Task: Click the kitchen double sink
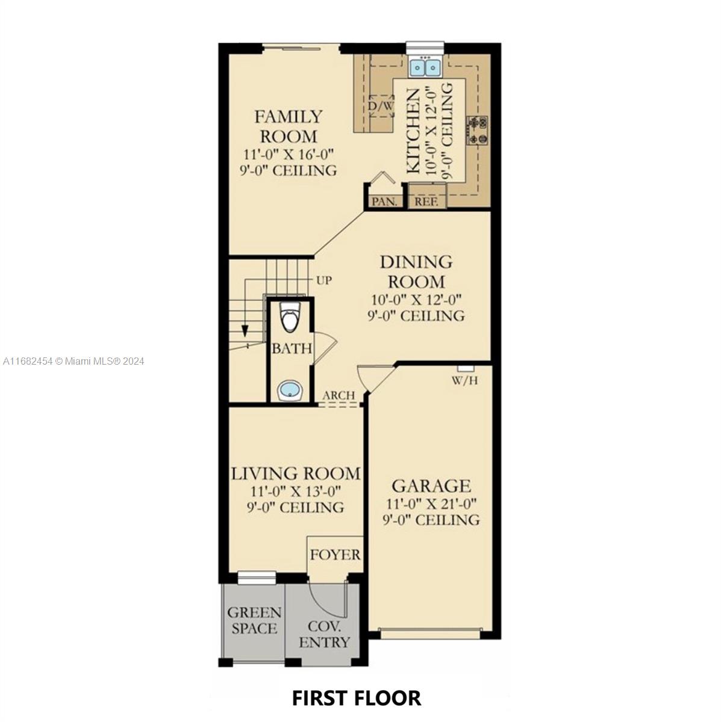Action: pos(425,67)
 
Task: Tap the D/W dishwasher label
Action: pos(381,106)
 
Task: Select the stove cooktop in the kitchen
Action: pos(478,131)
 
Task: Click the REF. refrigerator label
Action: pos(426,202)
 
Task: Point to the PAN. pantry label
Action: pos(384,202)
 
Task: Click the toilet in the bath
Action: pos(290,317)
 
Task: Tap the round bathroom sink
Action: pos(289,390)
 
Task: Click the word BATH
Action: pos(292,349)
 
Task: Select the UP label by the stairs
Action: pos(323,280)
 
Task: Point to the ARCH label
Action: pos(339,395)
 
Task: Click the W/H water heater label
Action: pos(465,381)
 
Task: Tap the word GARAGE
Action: pos(431,486)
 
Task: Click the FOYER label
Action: pos(335,555)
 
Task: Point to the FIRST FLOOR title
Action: pos(357,698)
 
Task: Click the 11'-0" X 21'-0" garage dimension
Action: pos(431,504)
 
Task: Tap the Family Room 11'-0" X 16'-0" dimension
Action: pos(289,154)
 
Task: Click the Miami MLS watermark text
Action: pos(73,361)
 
